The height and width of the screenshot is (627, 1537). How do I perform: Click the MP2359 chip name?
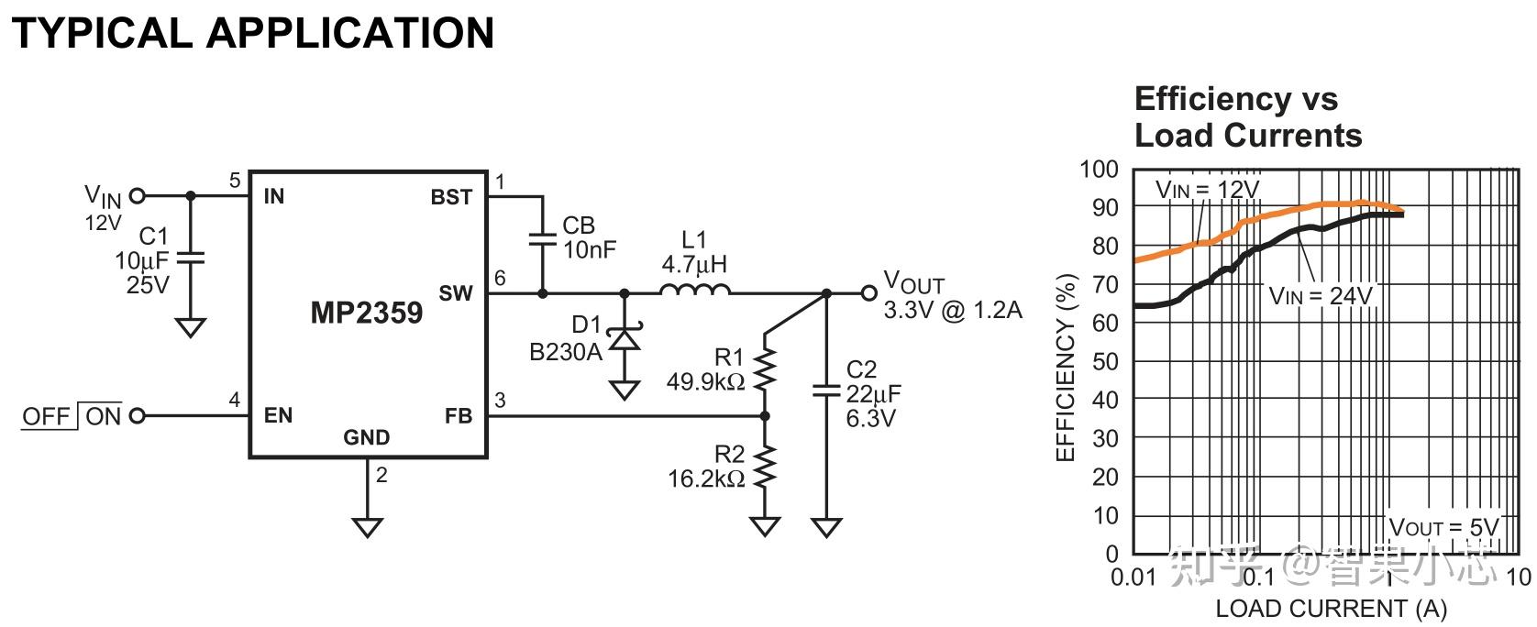367,313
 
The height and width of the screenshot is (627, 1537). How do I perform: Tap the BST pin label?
451,197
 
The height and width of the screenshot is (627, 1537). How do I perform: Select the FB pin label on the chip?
459,416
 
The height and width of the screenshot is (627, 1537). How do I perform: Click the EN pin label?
278,416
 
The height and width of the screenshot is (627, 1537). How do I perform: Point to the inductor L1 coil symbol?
694,291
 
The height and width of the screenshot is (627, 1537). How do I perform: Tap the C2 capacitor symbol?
826,392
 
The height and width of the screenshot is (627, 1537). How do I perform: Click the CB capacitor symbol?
542,238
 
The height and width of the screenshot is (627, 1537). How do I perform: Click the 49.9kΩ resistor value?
704,381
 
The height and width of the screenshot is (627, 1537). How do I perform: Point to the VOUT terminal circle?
868,293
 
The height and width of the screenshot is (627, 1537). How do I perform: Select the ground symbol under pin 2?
367,527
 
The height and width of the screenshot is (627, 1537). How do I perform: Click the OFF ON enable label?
72,416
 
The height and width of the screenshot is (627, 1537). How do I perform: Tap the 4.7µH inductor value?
694,266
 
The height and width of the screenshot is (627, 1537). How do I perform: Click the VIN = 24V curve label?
1321,296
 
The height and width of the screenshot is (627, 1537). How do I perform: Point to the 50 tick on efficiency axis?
1105,361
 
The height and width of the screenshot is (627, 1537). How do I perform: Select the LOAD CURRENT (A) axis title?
1330,609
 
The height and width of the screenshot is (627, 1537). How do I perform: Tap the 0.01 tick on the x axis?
1133,577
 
